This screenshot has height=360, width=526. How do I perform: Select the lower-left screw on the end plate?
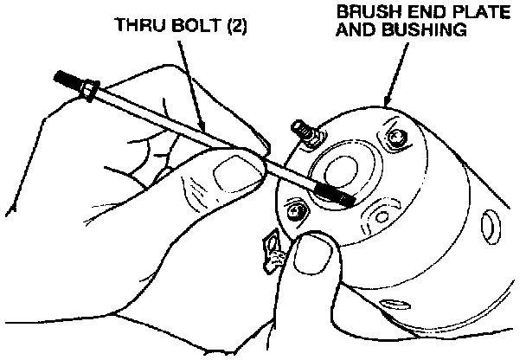tap(295, 210)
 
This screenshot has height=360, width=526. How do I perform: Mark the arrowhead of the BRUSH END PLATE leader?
tap(388, 104)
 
